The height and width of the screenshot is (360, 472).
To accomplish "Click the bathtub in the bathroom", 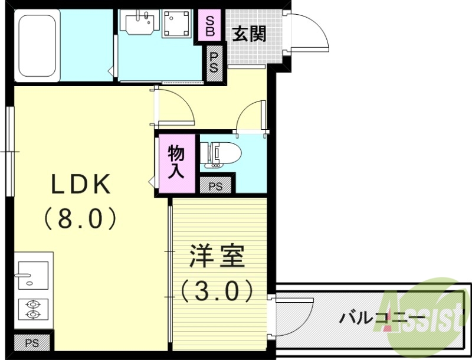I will [37, 45].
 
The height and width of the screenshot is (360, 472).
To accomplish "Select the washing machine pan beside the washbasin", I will [176, 24].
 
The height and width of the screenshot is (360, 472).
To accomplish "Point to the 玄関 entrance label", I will [248, 34].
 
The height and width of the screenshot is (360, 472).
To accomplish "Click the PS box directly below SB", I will [214, 61].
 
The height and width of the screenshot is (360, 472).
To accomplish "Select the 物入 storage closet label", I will [176, 163].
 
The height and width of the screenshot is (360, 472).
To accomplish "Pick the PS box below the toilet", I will [216, 186].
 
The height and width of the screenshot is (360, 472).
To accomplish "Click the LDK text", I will [80, 185].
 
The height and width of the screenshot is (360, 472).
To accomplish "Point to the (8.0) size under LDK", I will [80, 219].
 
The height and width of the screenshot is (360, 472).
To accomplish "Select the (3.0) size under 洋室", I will [217, 290].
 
